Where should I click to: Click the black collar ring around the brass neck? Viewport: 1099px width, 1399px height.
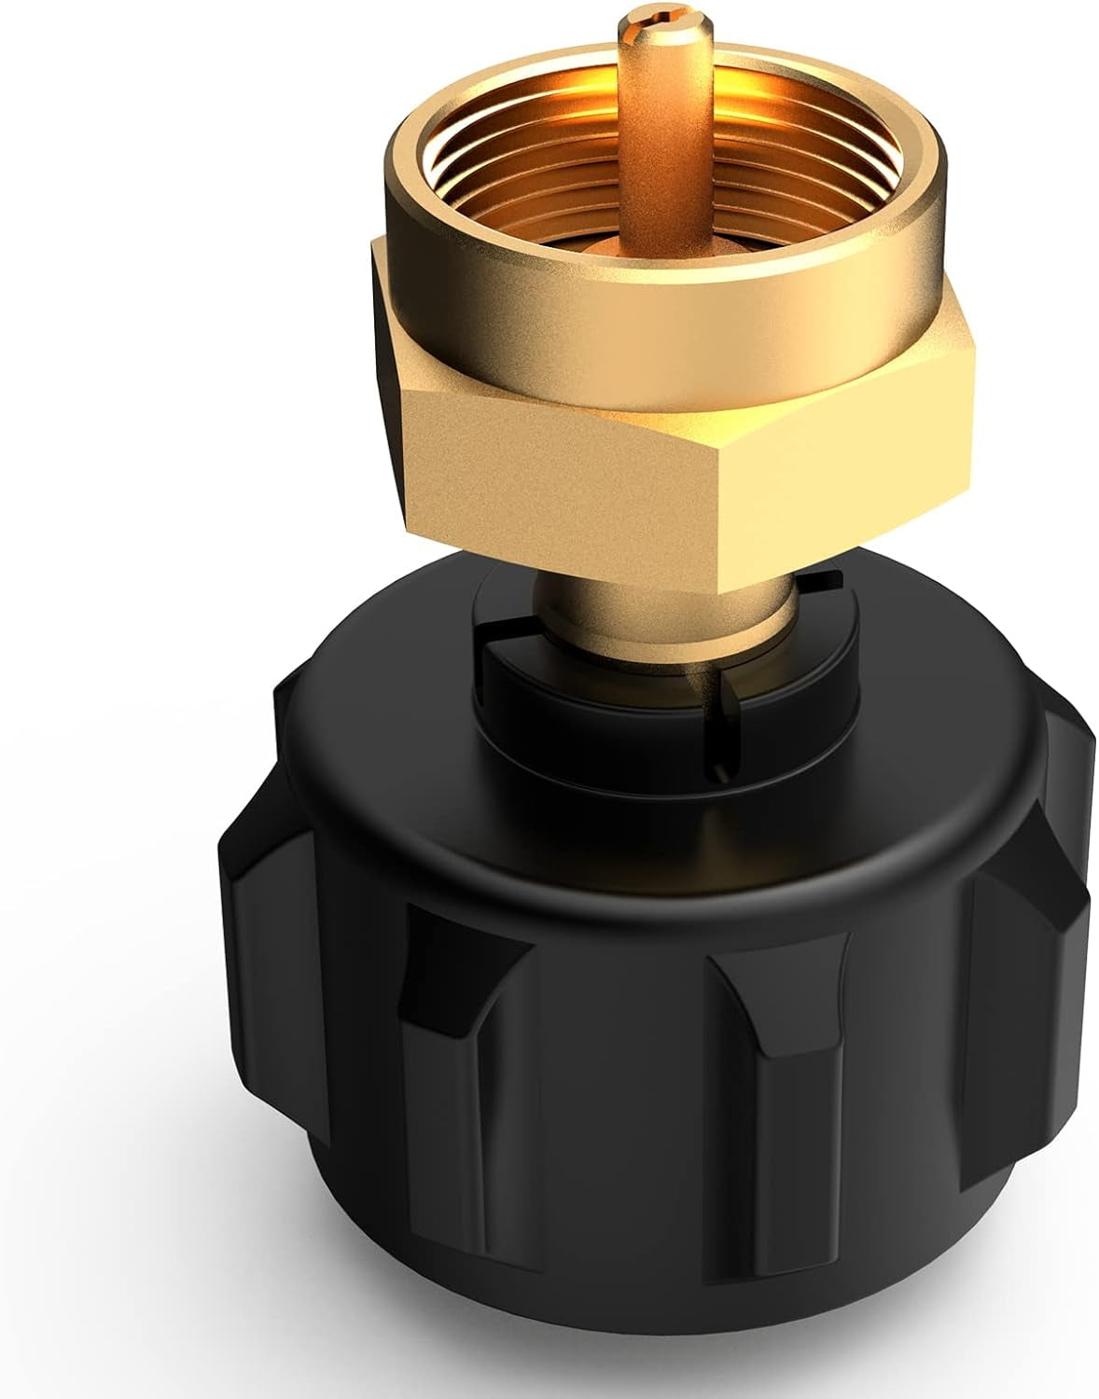click(597, 709)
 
